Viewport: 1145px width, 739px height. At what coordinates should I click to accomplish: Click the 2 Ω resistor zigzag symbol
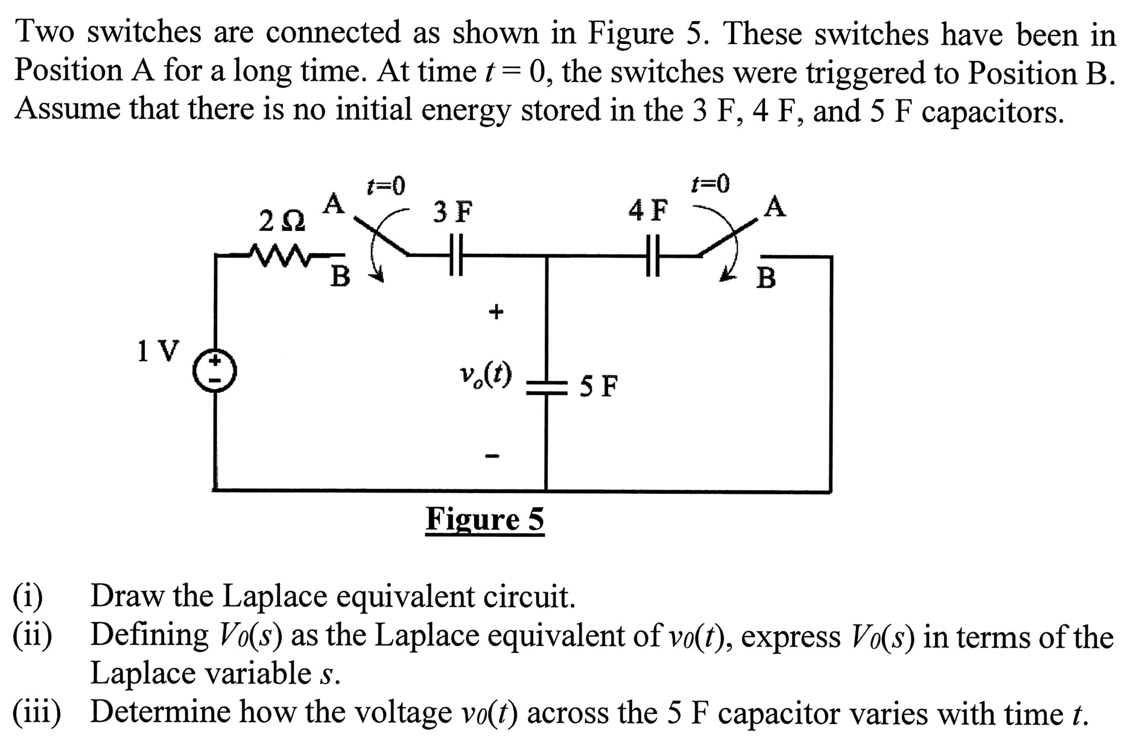point(281,255)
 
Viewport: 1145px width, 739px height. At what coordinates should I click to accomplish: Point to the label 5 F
point(599,386)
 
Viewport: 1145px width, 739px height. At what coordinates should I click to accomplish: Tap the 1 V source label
point(158,351)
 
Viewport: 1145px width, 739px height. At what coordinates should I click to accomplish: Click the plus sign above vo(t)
point(495,312)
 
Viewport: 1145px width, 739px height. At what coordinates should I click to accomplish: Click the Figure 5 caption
point(484,519)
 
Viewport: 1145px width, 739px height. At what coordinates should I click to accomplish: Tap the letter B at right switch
point(766,278)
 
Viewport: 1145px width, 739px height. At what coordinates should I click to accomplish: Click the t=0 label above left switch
point(386,186)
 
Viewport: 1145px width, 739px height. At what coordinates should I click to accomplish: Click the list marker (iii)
point(37,712)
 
